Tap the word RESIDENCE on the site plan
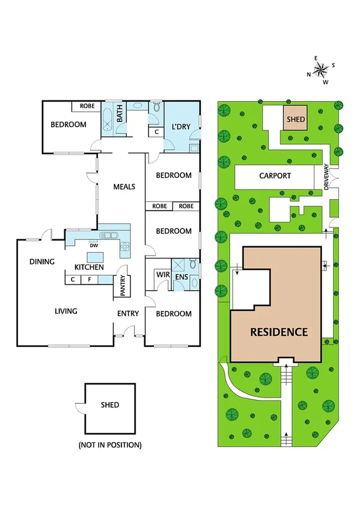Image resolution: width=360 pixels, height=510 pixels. click(x=279, y=331)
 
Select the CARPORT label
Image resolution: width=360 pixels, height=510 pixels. click(x=275, y=176)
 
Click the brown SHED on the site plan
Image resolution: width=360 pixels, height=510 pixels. click(x=295, y=119)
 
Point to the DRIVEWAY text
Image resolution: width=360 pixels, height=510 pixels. click(x=327, y=178)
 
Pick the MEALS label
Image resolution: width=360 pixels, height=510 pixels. click(x=124, y=186)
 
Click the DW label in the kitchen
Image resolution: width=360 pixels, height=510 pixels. click(x=93, y=245)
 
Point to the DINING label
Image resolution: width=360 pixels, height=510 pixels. click(x=42, y=262)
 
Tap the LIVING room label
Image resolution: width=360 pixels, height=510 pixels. click(x=66, y=311)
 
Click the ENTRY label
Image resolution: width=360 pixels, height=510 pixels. click(x=128, y=313)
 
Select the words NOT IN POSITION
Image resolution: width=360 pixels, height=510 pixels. click(x=110, y=445)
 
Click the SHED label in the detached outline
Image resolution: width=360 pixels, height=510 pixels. click(x=110, y=405)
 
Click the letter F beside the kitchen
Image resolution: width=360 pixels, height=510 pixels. click(x=88, y=279)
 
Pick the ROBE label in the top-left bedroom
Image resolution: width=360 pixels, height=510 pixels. click(x=85, y=106)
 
